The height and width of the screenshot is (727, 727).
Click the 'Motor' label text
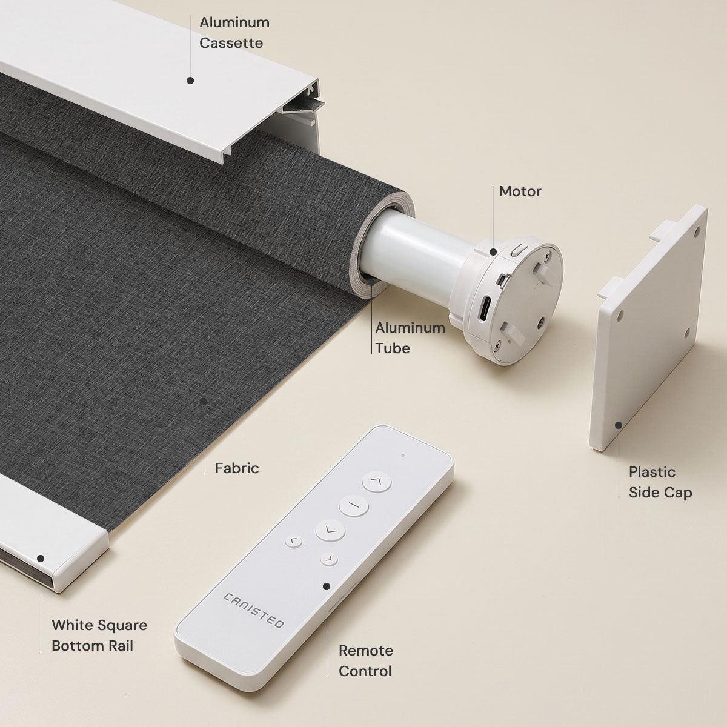520,191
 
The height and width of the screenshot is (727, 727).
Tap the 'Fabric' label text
237,468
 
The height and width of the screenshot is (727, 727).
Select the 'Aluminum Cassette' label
234,33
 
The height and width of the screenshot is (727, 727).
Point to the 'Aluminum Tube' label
410,338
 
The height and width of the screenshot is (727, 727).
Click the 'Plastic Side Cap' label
660,482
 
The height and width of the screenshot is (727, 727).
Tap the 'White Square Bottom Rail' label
99,636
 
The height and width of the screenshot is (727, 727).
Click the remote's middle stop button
353,505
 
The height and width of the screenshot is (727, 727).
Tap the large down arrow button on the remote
330,530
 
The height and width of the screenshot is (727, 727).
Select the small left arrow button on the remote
293,542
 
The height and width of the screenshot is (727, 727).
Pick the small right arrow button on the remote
328,560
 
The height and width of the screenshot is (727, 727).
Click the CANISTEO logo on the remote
253,611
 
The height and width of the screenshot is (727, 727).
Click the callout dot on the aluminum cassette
190,81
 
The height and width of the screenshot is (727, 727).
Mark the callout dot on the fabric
204,401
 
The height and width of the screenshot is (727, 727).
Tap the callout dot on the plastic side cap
619,425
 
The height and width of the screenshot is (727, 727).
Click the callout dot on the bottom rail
41,559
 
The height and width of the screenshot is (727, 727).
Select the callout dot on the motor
493,251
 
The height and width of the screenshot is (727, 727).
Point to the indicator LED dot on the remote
403,456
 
